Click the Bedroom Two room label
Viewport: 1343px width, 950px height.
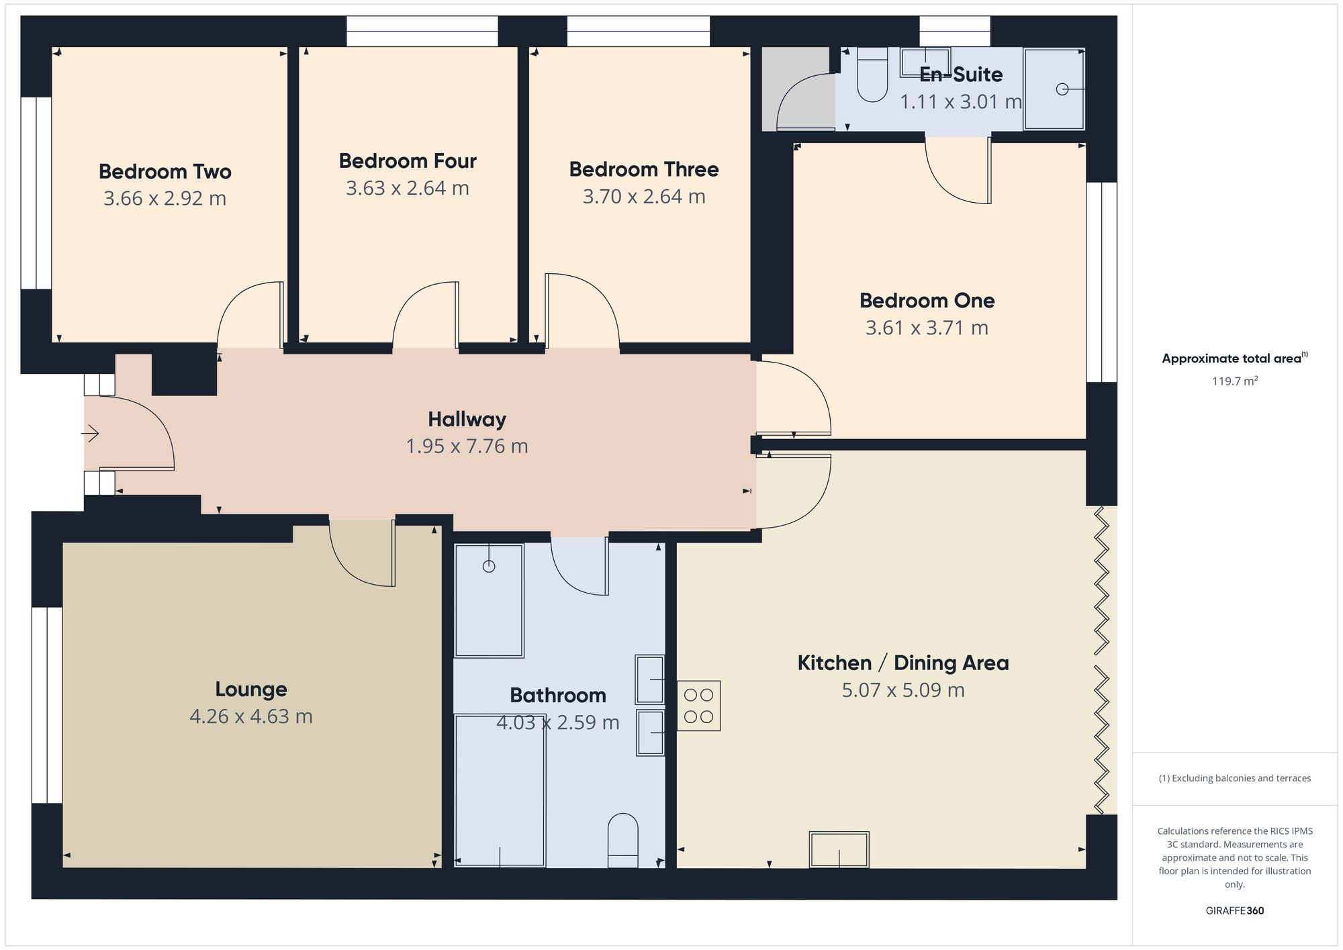click(x=165, y=172)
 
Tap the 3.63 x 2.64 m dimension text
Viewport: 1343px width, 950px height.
click(x=408, y=188)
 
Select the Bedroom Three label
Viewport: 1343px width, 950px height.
click(x=644, y=169)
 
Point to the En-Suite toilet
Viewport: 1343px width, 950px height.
click(x=872, y=75)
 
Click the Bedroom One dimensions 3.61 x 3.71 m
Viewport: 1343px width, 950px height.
click(x=927, y=328)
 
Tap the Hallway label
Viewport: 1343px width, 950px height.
click(x=467, y=420)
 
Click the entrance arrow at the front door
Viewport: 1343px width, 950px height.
click(x=90, y=434)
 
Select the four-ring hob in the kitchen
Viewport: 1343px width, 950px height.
click(x=698, y=706)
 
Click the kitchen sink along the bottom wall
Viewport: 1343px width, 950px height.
click(x=839, y=849)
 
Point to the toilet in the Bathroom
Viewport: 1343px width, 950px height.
click(x=622, y=841)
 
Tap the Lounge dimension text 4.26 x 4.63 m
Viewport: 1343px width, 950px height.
click(x=251, y=716)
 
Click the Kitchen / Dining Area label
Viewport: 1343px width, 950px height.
click(x=903, y=663)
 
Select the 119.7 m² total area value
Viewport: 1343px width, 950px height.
click(x=1235, y=381)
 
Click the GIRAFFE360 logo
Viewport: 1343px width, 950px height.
click(x=1235, y=911)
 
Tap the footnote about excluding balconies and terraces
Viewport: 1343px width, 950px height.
click(x=1235, y=778)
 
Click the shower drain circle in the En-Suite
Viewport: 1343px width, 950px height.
click(x=1062, y=89)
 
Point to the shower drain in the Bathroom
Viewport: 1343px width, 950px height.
click(x=489, y=566)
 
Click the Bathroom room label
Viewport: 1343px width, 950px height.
click(x=558, y=696)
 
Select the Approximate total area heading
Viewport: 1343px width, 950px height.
click(x=1235, y=358)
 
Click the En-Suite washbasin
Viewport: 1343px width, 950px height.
click(x=925, y=62)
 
